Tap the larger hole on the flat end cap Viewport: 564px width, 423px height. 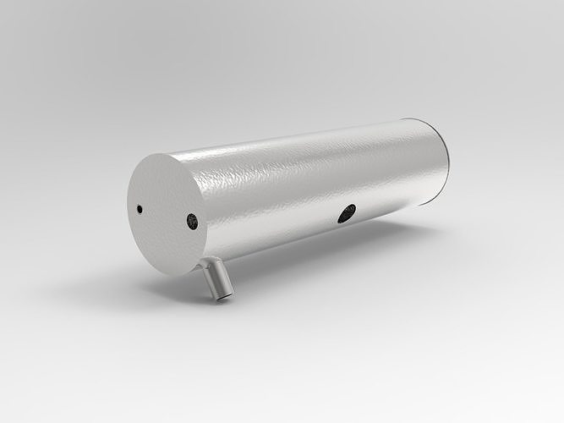(192, 222)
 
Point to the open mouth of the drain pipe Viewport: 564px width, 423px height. (219, 294)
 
